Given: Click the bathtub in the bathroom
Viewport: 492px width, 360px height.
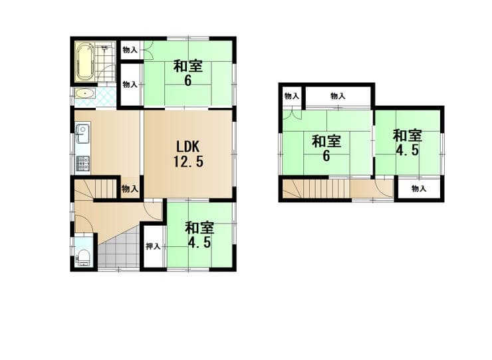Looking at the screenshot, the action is [84, 62].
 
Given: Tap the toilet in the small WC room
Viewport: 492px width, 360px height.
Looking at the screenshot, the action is [84, 257].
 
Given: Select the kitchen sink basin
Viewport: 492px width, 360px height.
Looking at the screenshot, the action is [82, 134].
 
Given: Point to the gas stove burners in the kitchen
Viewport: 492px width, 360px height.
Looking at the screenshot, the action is [82, 163].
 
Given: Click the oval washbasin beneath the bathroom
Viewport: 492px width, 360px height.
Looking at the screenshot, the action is [84, 94].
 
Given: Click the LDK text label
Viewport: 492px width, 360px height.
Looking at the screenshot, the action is [187, 146].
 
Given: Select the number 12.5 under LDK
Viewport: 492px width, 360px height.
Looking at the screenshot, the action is [188, 162].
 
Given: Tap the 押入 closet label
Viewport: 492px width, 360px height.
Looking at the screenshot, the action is [153, 247].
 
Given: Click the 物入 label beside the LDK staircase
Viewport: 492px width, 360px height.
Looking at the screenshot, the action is [130, 189].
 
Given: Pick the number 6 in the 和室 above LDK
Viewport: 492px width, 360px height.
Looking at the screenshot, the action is [187, 81].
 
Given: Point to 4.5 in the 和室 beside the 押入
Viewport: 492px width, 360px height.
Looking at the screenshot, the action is [199, 242].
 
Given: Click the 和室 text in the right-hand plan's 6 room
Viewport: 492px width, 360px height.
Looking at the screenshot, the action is [326, 141].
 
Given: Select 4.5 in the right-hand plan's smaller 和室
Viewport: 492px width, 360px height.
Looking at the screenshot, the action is [407, 150].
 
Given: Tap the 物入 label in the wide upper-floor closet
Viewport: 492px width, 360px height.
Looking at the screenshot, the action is [338, 96].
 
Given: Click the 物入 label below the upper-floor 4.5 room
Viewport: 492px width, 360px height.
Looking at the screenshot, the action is [419, 188].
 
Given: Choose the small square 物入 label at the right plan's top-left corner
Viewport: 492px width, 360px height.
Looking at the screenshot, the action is [291, 96].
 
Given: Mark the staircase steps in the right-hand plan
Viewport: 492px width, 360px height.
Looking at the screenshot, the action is [316, 188].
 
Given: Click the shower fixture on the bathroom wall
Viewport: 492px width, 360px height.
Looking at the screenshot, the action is [105, 49].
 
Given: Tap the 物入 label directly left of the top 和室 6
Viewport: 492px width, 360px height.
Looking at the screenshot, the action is [130, 50].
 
